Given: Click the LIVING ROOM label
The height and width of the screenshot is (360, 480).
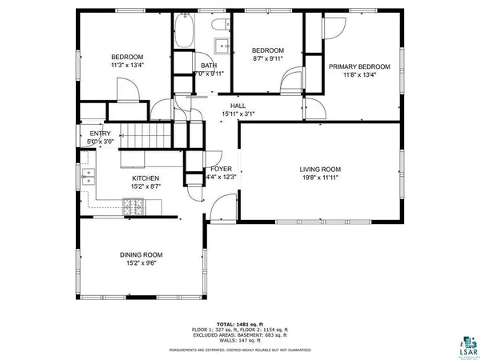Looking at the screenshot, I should point(320,169).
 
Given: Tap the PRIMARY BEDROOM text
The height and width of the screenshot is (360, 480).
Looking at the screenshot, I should point(359,66).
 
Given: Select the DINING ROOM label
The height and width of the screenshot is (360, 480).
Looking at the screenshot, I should point(142,254).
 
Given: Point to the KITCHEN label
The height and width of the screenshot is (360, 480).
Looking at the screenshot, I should point(146,178).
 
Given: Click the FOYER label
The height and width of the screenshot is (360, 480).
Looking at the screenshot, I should point(221,169).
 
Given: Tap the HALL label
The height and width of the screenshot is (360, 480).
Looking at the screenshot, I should point(238,106).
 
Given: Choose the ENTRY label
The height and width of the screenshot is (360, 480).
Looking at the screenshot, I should point(100,134).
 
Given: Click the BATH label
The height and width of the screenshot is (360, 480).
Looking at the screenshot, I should point(209,66).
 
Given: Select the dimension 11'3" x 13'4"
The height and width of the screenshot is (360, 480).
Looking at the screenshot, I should point(127,66).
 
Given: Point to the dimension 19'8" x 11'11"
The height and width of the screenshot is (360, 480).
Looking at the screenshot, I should point(320,178).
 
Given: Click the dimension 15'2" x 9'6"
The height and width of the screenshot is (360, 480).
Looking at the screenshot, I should point(142,264).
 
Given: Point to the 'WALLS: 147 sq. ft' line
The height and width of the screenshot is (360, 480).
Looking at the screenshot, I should point(240,339).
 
